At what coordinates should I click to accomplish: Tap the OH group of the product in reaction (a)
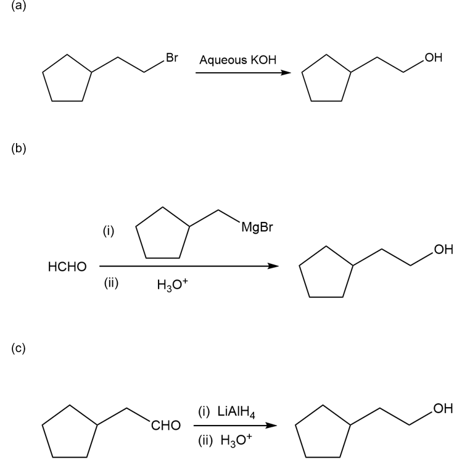tap(433, 59)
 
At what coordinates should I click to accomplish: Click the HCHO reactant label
tap(67, 267)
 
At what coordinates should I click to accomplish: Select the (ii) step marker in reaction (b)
tap(110, 284)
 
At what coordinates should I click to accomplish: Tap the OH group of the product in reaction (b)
tap(443, 250)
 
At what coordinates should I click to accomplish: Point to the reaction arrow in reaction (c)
tap(233, 425)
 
